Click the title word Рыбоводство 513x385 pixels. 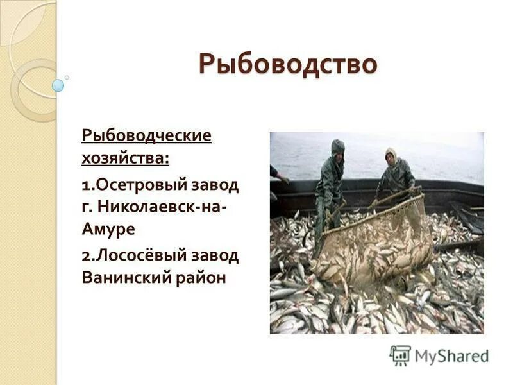point(286,65)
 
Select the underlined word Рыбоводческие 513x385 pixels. point(146,136)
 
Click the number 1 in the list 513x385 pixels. point(85,185)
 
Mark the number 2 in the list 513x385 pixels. point(86,256)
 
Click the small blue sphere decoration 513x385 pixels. point(58,85)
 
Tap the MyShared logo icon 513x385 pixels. point(400,355)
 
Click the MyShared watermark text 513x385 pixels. point(451,356)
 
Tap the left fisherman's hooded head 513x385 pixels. point(337,147)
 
